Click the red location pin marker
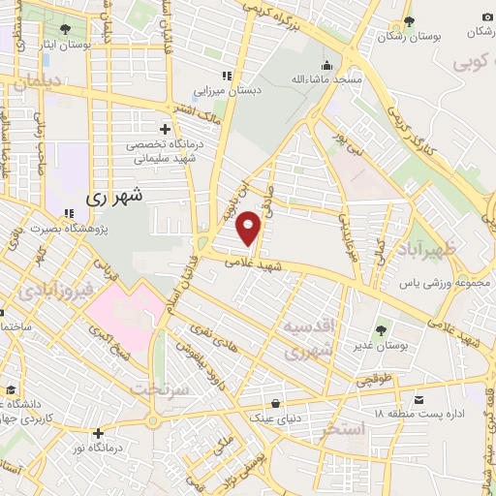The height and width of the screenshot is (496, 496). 250,227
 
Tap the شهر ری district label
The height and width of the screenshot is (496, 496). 113,196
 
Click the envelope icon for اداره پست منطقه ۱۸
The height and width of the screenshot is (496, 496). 418,399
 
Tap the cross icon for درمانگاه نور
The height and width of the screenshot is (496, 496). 97,432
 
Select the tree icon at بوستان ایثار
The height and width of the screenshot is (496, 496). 64,29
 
